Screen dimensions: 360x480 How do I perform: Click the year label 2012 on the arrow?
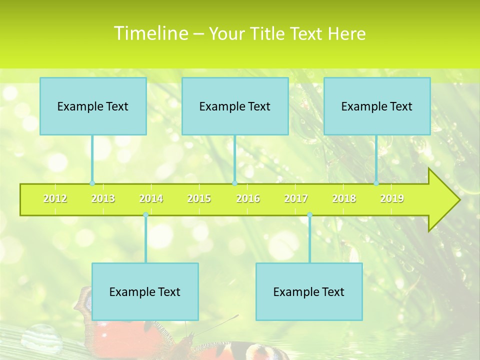point(55,199)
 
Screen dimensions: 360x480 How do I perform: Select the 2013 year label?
point(103,199)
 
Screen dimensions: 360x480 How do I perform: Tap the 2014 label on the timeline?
point(151,199)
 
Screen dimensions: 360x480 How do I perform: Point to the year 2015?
point(199,199)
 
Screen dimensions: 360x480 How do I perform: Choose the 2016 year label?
point(248,199)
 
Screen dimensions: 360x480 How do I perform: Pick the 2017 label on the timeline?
point(296,199)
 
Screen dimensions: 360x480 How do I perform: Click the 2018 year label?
point(344,199)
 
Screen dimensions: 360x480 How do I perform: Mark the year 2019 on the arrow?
point(392,199)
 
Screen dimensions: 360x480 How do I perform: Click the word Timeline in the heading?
point(150,33)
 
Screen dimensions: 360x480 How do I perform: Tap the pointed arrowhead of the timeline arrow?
point(445,200)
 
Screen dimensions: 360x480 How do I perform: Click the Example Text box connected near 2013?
point(93,106)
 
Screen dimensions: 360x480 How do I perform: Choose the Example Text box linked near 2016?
point(235,106)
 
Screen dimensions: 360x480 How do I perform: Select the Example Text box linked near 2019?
point(377,106)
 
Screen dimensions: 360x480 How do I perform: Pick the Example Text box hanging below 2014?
point(145,291)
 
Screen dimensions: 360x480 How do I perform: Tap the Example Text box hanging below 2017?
point(309,291)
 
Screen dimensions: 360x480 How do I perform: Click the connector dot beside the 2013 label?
point(92,183)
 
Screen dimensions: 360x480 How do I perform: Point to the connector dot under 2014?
point(145,215)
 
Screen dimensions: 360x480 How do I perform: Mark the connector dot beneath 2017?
point(309,215)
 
